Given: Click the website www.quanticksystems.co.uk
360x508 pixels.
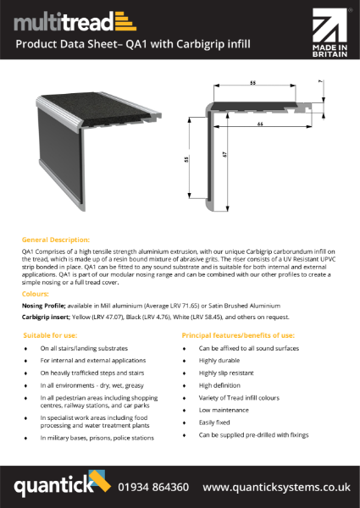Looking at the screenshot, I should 276,487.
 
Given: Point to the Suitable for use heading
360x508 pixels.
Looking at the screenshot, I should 50,336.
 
